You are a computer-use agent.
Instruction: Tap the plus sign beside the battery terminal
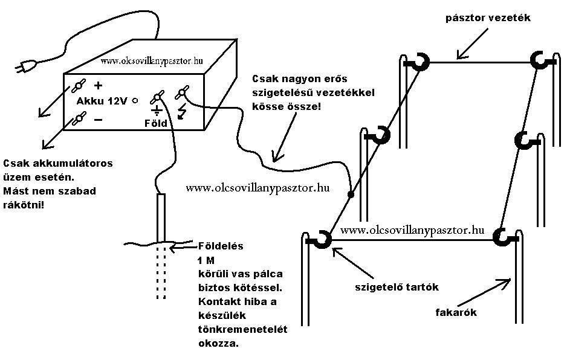click(98, 86)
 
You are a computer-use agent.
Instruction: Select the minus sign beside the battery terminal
click(99, 120)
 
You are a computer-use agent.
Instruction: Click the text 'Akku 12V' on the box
click(102, 101)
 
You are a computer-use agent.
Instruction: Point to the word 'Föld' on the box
click(156, 123)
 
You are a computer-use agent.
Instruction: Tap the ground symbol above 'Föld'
click(157, 111)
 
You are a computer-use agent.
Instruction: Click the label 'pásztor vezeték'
click(488, 18)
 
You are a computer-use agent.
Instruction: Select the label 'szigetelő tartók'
click(397, 287)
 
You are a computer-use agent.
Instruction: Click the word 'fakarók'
click(456, 312)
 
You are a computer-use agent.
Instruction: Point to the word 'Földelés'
click(221, 246)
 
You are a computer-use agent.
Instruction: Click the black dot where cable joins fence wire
click(350, 195)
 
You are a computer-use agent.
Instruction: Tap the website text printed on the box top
click(152, 61)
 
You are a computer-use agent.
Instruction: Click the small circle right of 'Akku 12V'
click(135, 101)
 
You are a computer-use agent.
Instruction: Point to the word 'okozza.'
click(218, 343)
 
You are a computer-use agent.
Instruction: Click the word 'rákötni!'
click(23, 205)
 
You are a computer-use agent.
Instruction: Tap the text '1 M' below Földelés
click(206, 260)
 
